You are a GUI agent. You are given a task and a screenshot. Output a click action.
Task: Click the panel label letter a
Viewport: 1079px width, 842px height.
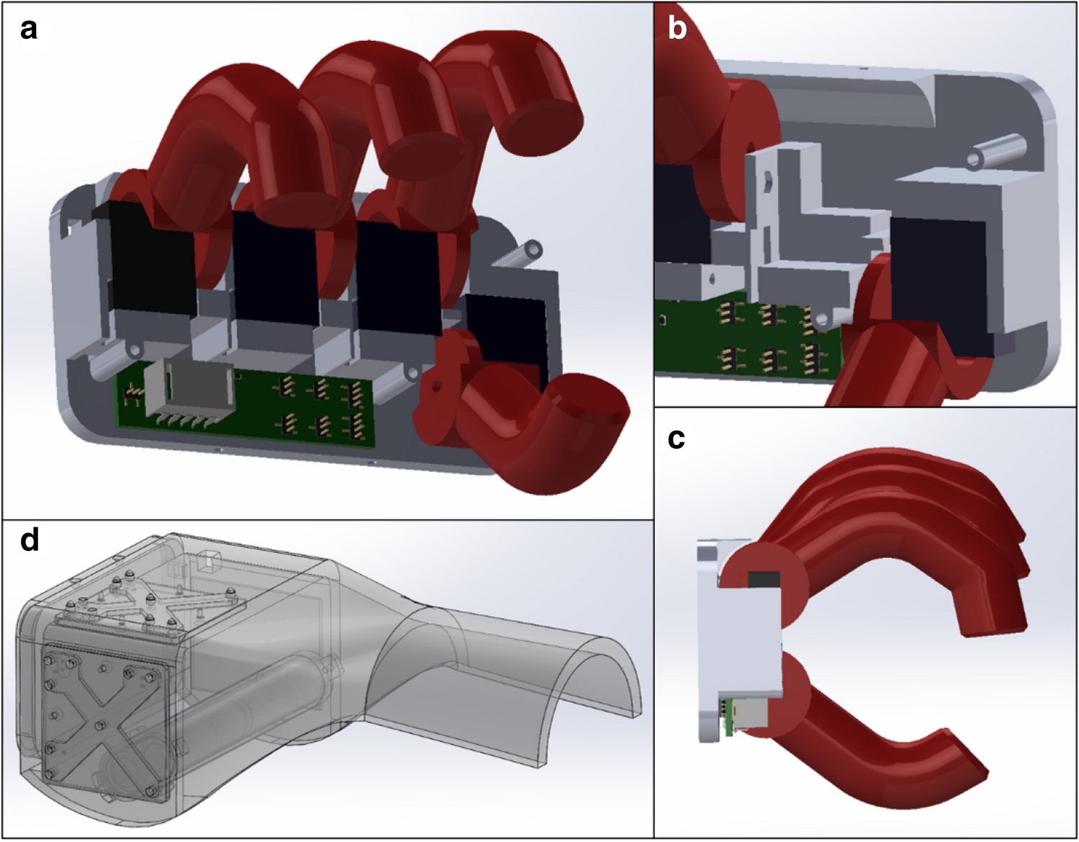[29, 30]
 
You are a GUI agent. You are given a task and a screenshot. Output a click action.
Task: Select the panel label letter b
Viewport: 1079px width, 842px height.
[677, 29]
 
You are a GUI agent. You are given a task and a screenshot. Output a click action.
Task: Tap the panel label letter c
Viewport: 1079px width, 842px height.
[676, 439]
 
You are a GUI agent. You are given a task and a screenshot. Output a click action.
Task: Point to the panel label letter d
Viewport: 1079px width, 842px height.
[30, 539]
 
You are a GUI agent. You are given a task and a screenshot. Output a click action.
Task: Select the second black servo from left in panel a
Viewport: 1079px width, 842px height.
[276, 269]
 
